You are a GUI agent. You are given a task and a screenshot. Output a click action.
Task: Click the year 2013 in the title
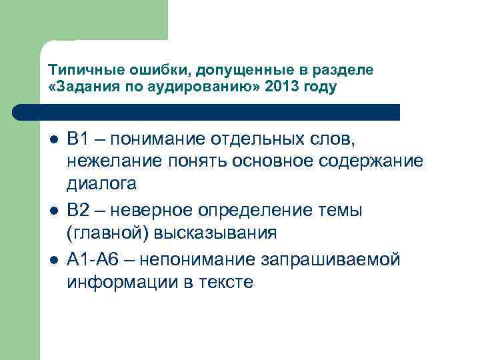(280, 87)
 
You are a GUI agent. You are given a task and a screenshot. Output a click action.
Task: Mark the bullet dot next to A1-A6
(54, 260)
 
